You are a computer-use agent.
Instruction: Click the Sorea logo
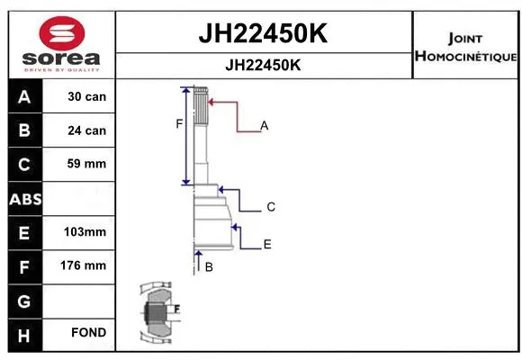pyautogui.click(x=60, y=44)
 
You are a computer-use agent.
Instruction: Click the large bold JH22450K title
pyautogui.click(x=263, y=34)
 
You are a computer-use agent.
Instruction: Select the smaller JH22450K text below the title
pyautogui.click(x=263, y=66)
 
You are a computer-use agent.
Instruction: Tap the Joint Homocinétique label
pyautogui.click(x=464, y=48)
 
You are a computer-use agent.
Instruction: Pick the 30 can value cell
pyautogui.click(x=86, y=97)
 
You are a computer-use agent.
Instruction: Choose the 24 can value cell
pyautogui.click(x=86, y=130)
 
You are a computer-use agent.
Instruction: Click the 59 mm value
pyautogui.click(x=86, y=164)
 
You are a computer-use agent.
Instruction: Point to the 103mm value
pyautogui.click(x=86, y=232)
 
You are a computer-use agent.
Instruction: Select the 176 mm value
pyautogui.click(x=86, y=265)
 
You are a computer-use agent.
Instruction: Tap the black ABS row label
pyautogui.click(x=24, y=199)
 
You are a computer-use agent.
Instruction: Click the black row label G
pyautogui.click(x=24, y=300)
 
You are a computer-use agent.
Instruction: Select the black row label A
pyautogui.click(x=24, y=97)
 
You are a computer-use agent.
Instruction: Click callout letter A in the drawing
pyautogui.click(x=265, y=126)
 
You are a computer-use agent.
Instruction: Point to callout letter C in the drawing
pyautogui.click(x=270, y=207)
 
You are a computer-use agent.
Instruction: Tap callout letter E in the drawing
pyautogui.click(x=267, y=244)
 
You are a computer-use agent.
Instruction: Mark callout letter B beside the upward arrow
pyautogui.click(x=209, y=267)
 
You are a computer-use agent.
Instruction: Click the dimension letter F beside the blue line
pyautogui.click(x=179, y=124)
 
